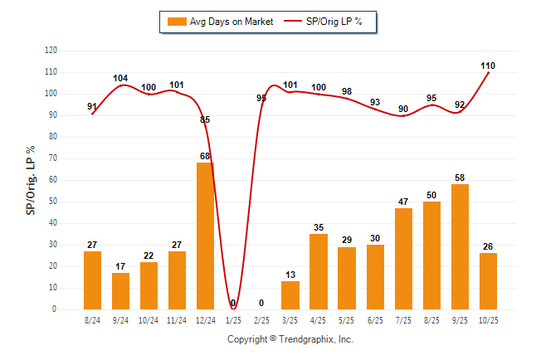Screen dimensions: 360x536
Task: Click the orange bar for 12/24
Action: pos(205,236)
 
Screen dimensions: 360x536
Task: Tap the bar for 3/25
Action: pos(290,294)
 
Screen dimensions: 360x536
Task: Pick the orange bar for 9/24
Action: pos(120,290)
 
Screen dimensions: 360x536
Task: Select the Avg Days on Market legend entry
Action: pos(217,21)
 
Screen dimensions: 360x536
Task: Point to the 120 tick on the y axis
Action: pos(51,51)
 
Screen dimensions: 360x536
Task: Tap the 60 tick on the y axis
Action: pos(54,180)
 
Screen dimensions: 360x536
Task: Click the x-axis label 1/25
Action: pos(233,319)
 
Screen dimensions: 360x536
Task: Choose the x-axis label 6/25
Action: pos(375,319)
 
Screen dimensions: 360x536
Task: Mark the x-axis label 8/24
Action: pos(92,319)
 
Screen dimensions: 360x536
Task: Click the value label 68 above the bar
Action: pos(205,156)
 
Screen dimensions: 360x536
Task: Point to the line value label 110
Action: pos(488,65)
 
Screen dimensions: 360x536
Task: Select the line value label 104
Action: pos(120,79)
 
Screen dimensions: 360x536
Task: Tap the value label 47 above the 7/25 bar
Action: pos(403,202)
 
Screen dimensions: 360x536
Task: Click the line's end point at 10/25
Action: pos(488,72)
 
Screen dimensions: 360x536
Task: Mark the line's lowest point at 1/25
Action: pos(233,309)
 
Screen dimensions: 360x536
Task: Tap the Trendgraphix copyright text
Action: pos(290,339)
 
